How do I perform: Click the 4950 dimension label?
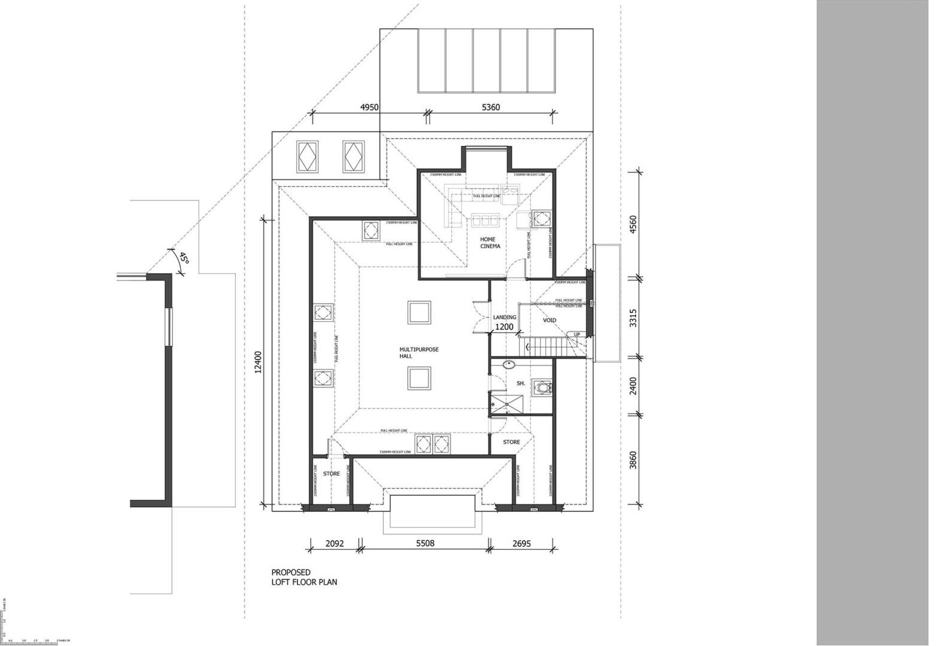pos(370,108)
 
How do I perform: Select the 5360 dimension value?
pos(490,108)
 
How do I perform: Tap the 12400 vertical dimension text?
pos(259,362)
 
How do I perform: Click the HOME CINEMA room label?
pos(490,242)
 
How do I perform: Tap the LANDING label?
pos(505,318)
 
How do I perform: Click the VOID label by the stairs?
pos(549,321)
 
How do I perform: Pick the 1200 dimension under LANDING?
pos(504,327)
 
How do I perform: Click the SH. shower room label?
pos(520,383)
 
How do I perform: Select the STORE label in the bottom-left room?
pos(332,474)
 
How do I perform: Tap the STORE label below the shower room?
pos(511,443)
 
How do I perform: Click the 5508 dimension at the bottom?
pos(425,544)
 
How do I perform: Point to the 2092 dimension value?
pos(334,544)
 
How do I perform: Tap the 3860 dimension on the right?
pos(634,460)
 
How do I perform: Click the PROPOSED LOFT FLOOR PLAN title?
pos(304,577)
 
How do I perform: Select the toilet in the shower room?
pos(542,387)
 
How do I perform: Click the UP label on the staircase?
pos(577,334)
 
